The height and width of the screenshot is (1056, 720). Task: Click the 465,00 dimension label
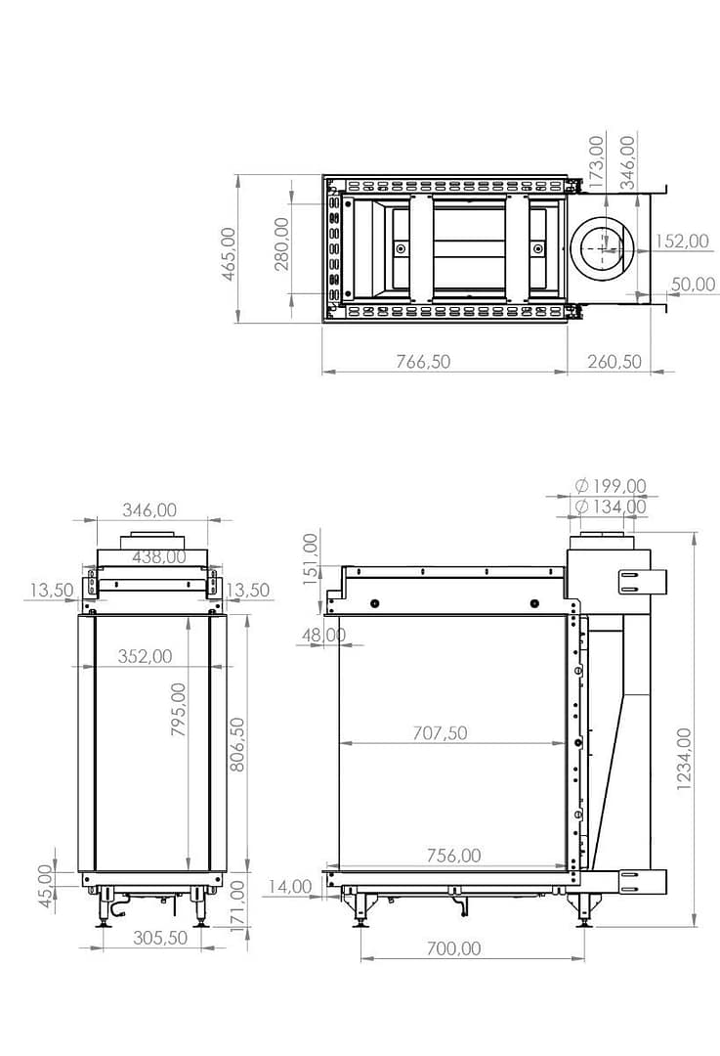click(x=229, y=253)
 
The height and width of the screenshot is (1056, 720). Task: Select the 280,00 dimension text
click(x=281, y=243)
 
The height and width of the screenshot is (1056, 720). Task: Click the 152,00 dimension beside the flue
click(x=681, y=242)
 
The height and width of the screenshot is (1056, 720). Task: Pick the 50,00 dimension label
click(x=693, y=285)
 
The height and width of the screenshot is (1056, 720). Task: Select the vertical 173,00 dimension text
click(x=597, y=157)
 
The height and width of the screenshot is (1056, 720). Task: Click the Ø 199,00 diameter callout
click(x=611, y=486)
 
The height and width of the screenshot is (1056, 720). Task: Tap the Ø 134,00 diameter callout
click(x=611, y=506)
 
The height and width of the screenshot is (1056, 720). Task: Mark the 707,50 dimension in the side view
click(x=440, y=732)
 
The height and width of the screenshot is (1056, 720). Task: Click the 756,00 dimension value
click(x=452, y=856)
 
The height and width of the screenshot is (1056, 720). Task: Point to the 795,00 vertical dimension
click(x=179, y=709)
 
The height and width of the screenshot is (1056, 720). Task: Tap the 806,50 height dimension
click(x=236, y=744)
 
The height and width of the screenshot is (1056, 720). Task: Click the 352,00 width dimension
click(x=145, y=656)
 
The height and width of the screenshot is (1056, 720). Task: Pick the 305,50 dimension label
click(x=158, y=937)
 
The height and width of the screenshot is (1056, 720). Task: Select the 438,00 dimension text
click(x=158, y=556)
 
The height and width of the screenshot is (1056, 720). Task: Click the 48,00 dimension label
click(x=324, y=635)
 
